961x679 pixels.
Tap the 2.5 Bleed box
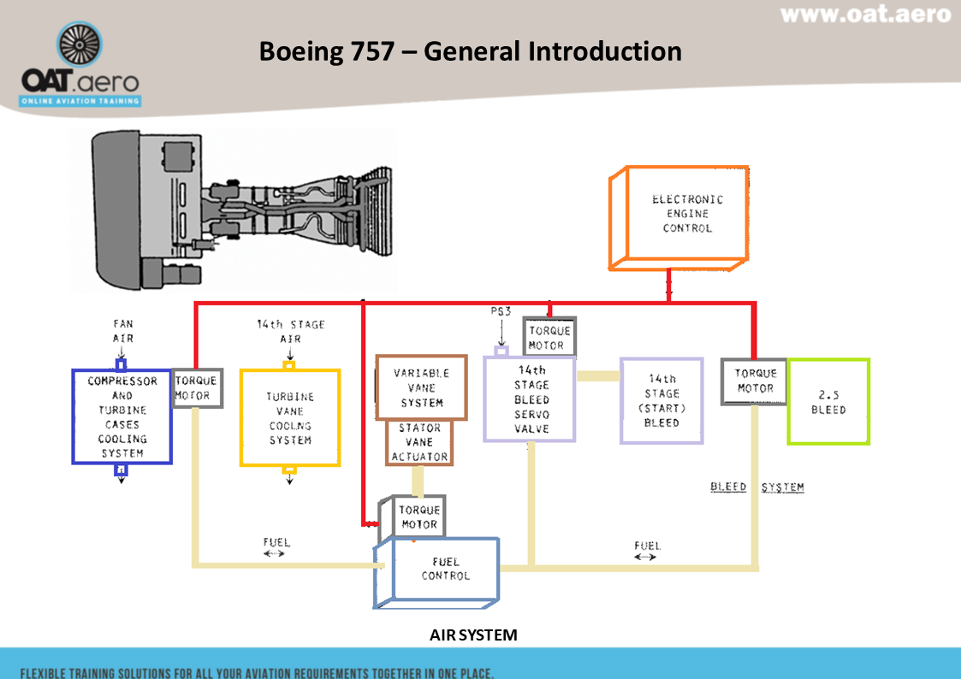point(828,402)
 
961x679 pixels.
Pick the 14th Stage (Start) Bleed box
point(661,401)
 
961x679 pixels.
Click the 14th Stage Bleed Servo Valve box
point(530,399)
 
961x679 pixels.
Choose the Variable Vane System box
point(422,388)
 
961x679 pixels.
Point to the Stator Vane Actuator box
point(419,443)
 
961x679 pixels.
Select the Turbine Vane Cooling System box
point(290,417)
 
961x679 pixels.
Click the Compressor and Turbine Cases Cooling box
point(122,416)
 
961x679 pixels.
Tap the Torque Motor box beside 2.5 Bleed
point(754,381)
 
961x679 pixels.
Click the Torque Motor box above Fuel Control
point(419,517)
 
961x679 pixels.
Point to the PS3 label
point(501,312)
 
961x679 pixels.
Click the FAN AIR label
point(122,331)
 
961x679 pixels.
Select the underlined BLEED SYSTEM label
point(756,487)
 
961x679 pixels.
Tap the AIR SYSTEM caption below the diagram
point(473,635)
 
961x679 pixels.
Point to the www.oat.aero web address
point(865,15)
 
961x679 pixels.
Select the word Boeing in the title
point(301,51)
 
